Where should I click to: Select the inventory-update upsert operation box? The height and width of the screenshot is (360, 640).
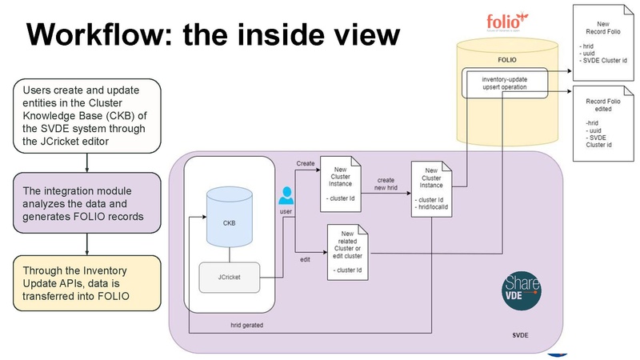pos(505,83)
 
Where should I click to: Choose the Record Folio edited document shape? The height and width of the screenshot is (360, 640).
pos(604,124)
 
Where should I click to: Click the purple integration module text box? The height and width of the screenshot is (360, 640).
pos(86,205)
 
